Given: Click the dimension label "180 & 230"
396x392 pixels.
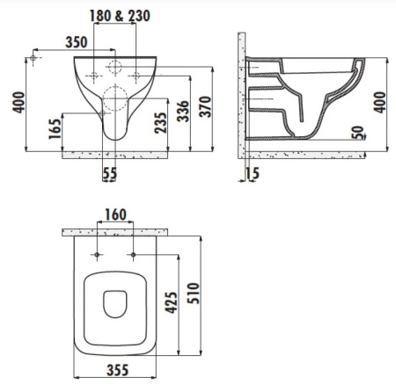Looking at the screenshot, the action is point(120,16).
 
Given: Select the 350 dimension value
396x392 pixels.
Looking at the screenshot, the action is point(77,42).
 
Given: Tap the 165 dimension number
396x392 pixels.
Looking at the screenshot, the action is point(55,128).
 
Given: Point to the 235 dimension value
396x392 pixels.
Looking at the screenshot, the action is point(161,123).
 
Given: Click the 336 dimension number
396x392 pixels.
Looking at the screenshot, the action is point(183,111).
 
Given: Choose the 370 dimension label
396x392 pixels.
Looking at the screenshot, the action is point(205,106).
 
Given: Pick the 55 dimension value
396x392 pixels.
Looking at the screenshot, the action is point(110,173).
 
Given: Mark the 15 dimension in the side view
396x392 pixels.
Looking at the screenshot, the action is point(253,173).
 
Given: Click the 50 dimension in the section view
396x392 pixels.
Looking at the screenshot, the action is point(358,133).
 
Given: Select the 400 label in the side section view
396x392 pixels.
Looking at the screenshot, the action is point(380,102).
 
